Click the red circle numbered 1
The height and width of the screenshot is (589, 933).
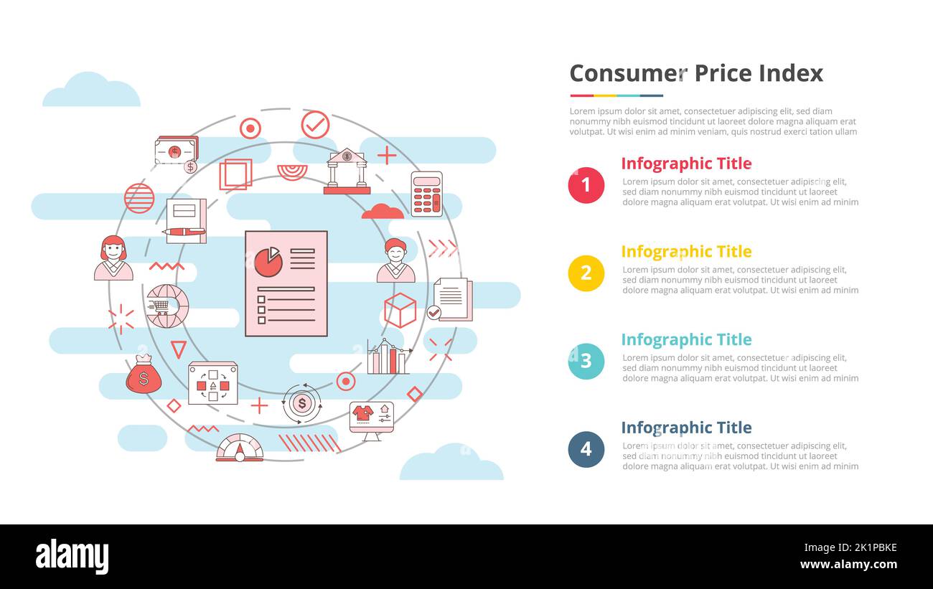(x=586, y=185)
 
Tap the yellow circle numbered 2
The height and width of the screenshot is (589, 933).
(x=586, y=273)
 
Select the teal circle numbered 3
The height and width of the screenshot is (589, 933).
(x=586, y=361)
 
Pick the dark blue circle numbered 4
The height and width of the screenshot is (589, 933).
(x=586, y=449)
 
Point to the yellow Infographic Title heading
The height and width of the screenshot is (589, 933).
(x=685, y=252)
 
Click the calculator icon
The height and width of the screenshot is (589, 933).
(x=426, y=194)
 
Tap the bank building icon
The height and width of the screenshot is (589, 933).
(x=347, y=171)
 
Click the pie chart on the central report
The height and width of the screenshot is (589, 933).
(x=268, y=262)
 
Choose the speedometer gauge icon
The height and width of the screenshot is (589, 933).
(x=240, y=448)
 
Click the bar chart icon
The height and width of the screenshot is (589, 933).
(x=388, y=357)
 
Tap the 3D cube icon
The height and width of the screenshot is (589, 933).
(x=400, y=310)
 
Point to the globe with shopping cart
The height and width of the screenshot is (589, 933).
(x=167, y=306)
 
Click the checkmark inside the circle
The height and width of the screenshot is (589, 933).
(x=315, y=125)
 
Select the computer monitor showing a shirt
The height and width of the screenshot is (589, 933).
(x=371, y=420)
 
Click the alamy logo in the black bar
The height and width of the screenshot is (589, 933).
(x=72, y=557)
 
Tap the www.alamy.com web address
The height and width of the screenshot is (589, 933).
(x=848, y=565)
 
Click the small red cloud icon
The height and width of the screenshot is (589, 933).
(x=383, y=211)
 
